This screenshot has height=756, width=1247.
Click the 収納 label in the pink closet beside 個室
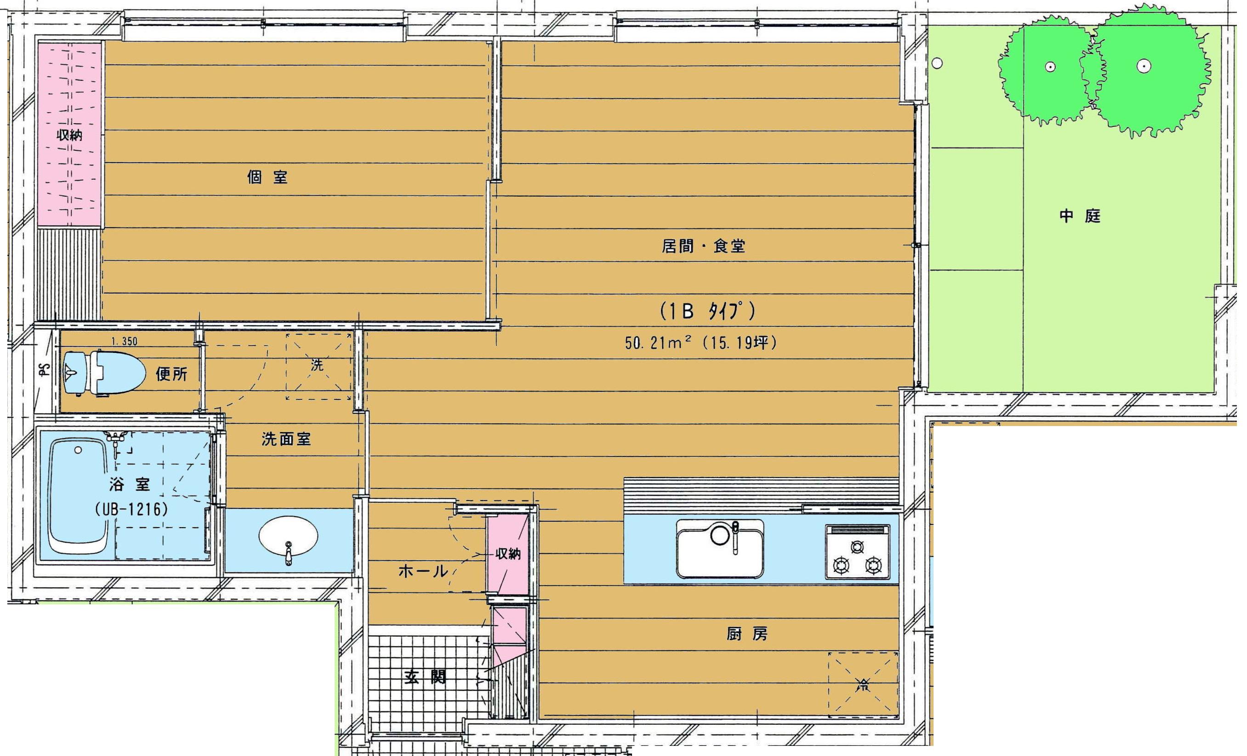(x=70, y=136)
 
